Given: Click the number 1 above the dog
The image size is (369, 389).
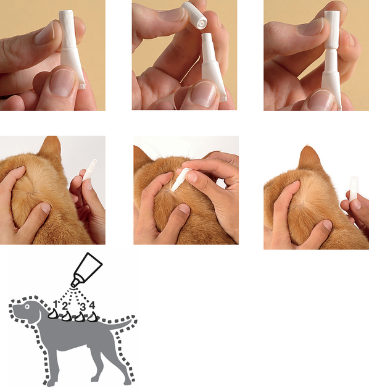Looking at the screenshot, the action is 56,304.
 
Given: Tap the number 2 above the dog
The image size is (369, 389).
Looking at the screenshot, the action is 65,306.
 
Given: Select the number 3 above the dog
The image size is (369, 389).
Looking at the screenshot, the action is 83,307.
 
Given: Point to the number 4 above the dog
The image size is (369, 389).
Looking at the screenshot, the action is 92,305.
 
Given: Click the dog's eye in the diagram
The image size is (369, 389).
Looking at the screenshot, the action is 27,307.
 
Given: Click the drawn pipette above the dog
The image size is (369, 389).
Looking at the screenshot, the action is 86,270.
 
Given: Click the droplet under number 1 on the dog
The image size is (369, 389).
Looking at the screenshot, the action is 52,314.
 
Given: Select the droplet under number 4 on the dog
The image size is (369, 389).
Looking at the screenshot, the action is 93,317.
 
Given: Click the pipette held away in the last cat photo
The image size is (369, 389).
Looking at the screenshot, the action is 353,189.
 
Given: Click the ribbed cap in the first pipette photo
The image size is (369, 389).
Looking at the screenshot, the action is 67,29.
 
